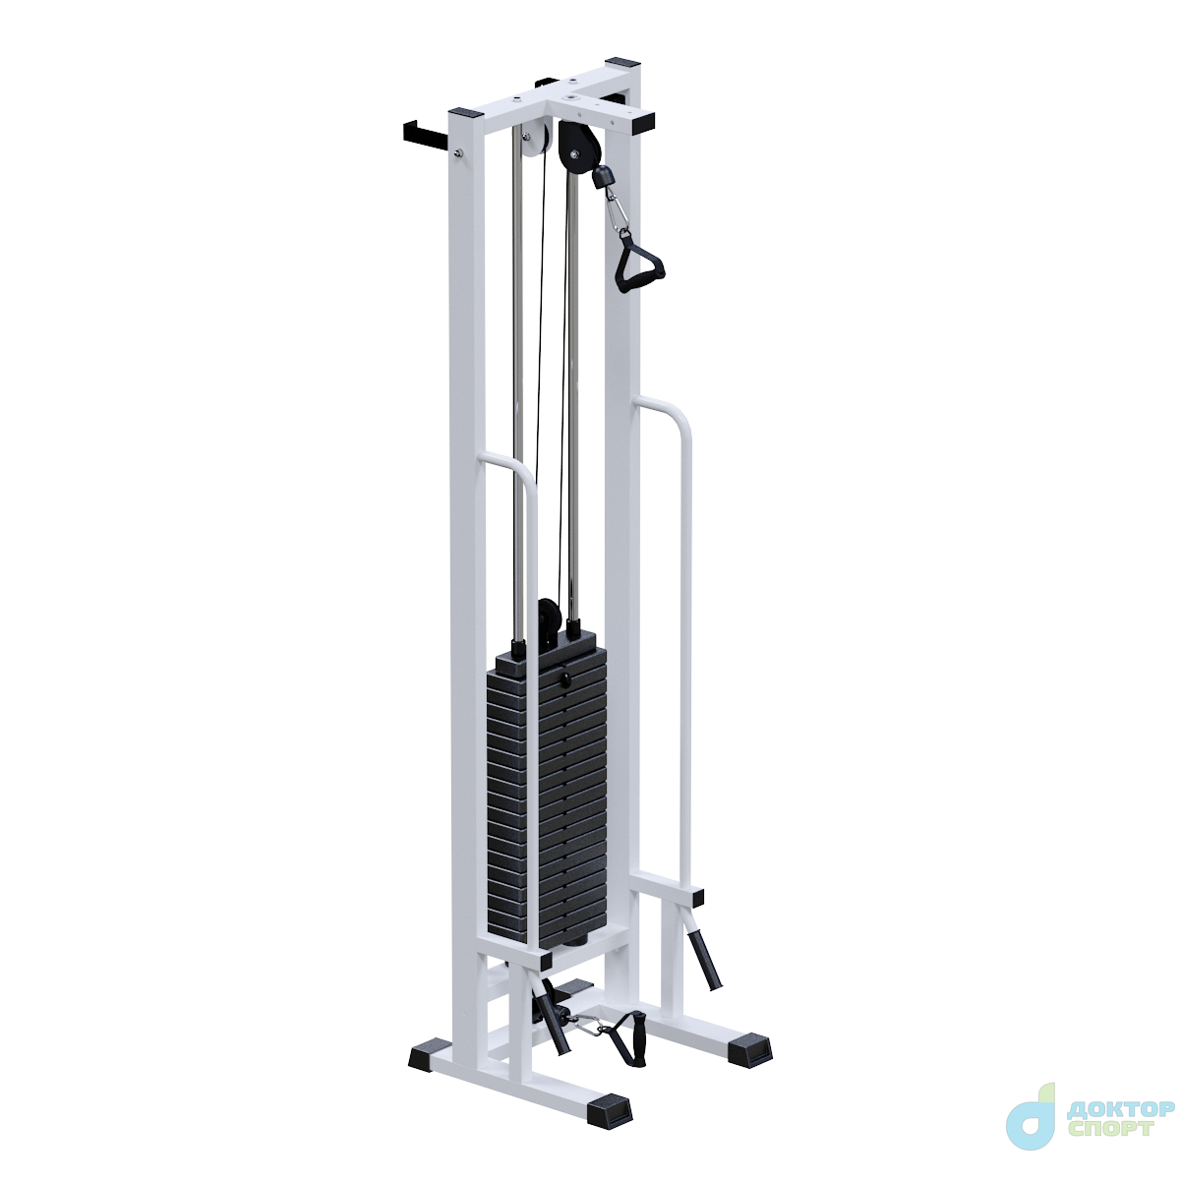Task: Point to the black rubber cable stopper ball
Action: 603,178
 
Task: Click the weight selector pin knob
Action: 564,679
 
